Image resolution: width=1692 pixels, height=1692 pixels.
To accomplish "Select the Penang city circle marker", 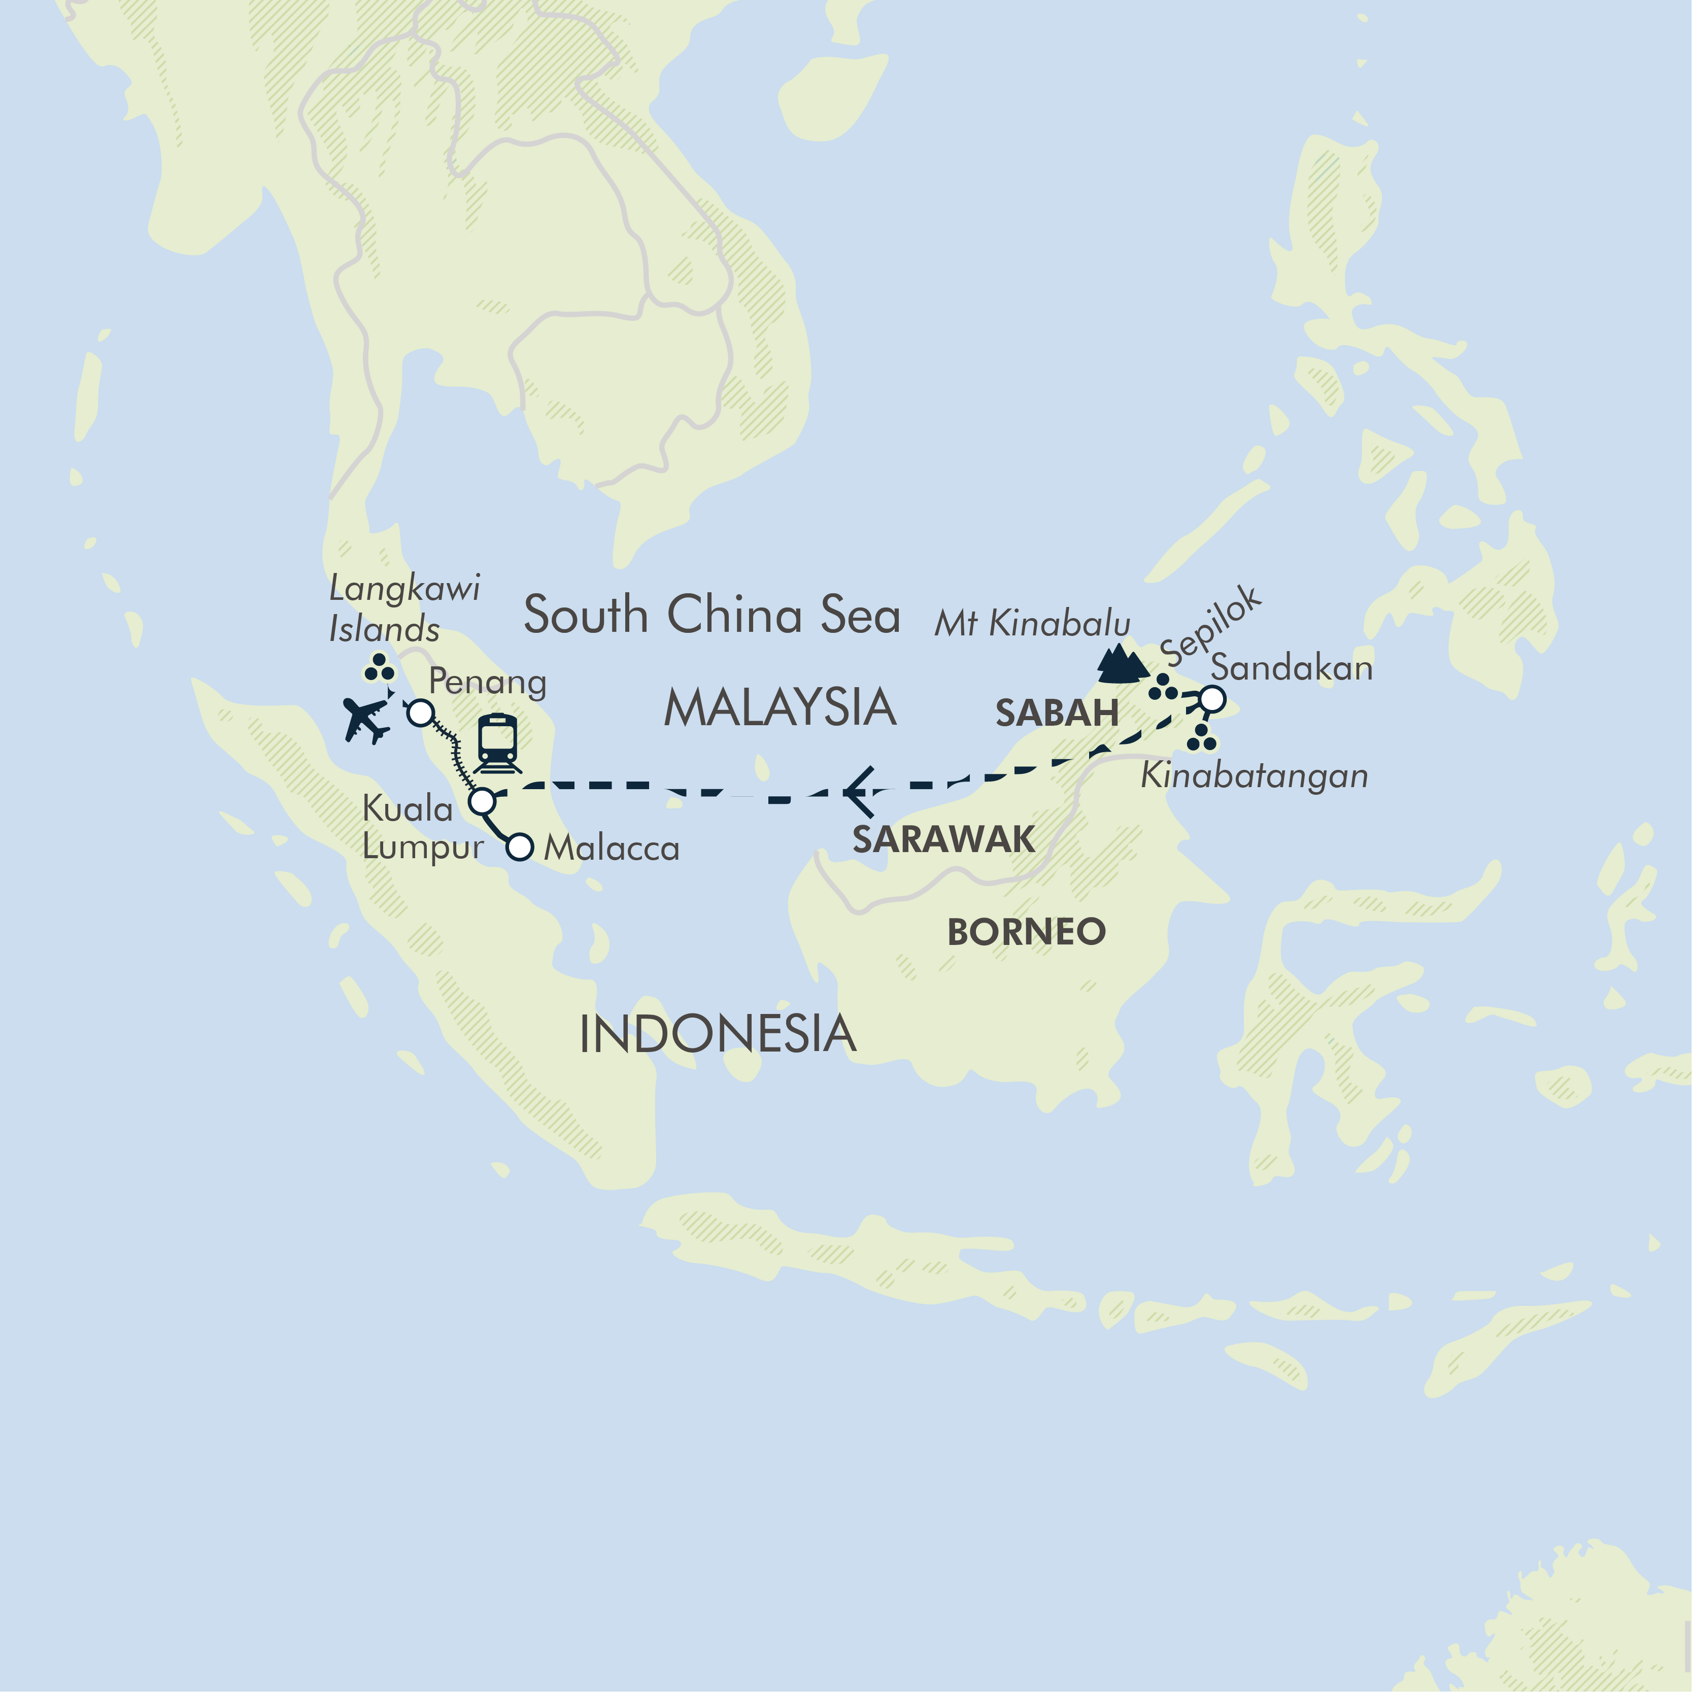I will (x=420, y=713).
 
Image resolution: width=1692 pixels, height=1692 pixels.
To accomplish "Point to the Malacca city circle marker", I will (x=520, y=847).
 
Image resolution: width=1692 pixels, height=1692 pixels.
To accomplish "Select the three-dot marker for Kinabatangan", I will (x=1202, y=738).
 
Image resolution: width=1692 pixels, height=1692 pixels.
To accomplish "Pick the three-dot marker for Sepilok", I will (x=1163, y=688).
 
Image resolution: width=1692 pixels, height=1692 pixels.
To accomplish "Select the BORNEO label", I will (x=1026, y=932).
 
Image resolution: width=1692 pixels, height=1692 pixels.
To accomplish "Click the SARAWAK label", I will (x=943, y=839).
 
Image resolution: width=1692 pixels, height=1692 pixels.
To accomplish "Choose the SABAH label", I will (x=1056, y=713).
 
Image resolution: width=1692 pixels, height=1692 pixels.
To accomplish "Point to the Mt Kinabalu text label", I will (x=1032, y=624).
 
